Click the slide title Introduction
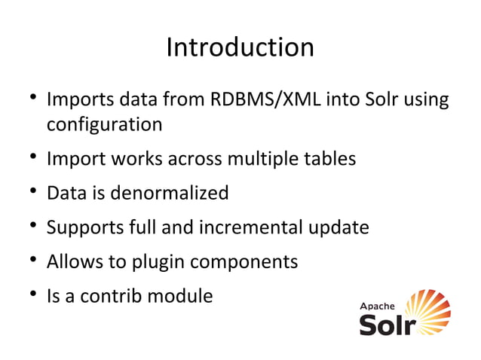pos(240,47)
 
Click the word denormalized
pos(170,194)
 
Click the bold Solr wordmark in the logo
pos(385,325)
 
